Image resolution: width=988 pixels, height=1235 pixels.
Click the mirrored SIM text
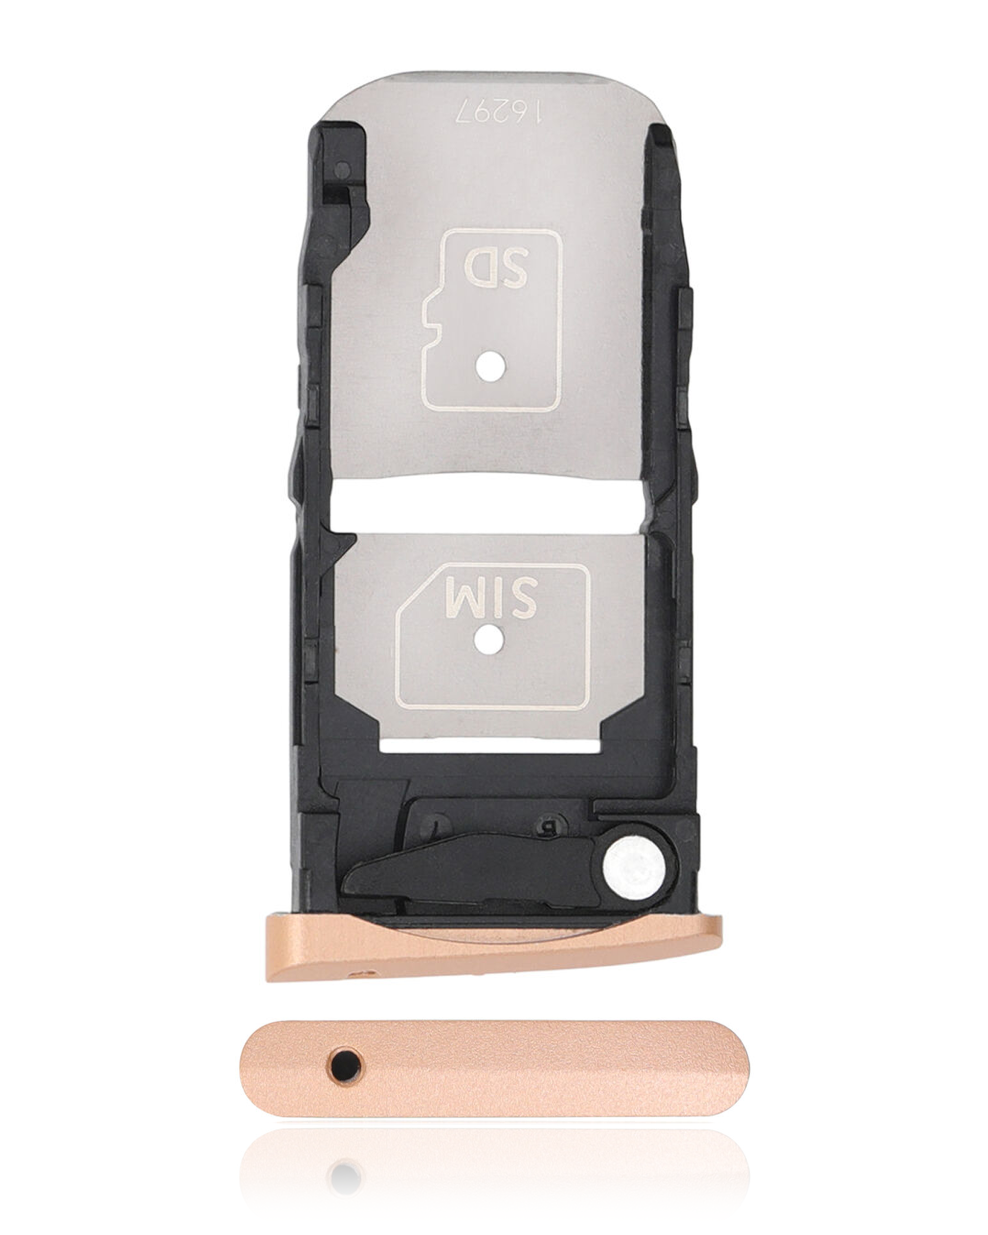[491, 597]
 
